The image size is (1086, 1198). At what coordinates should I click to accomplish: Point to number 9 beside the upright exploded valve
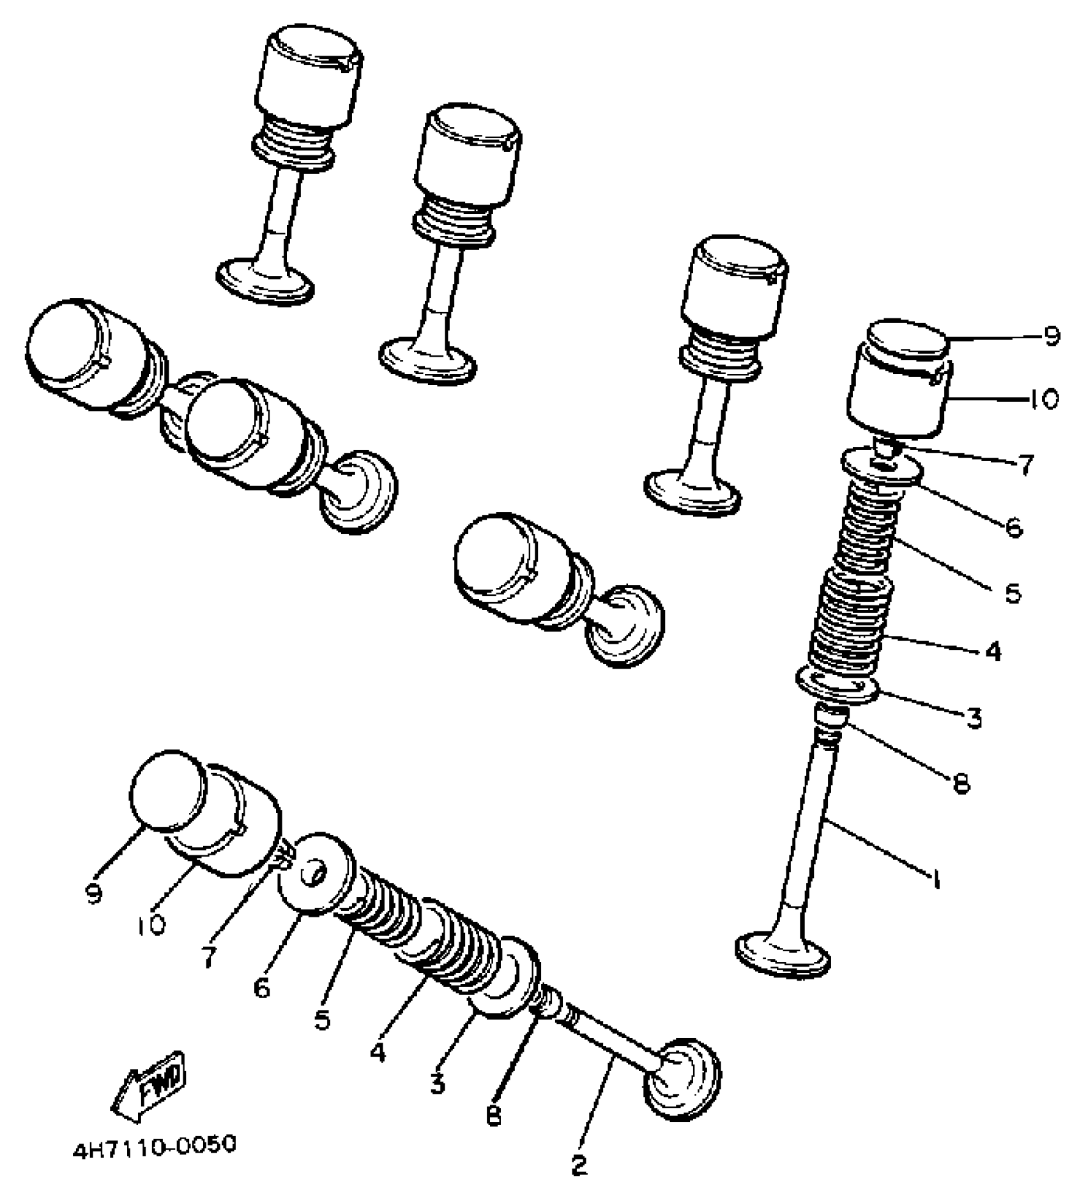tap(1052, 336)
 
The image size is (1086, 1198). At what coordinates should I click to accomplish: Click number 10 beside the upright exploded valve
tap(1044, 400)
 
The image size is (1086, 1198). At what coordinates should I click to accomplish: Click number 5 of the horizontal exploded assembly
tap(323, 1020)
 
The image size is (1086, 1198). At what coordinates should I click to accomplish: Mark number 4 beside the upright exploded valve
tap(993, 651)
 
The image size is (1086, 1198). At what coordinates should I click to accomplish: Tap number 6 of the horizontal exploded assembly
tap(262, 988)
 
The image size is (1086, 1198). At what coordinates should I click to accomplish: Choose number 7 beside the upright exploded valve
tap(1026, 465)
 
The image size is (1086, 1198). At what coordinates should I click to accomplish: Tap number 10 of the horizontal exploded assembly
tap(151, 925)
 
